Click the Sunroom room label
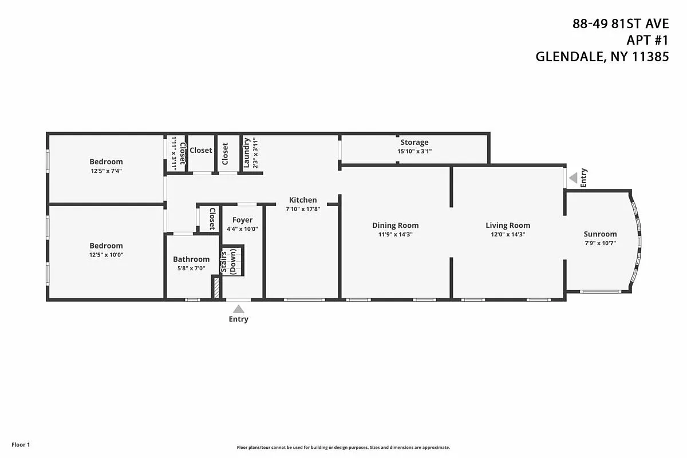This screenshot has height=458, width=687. pos(600,234)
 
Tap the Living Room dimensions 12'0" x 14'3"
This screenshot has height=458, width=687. pos(508,234)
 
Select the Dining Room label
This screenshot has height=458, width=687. pos(395,225)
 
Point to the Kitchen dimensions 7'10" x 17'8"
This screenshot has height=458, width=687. pos(302,209)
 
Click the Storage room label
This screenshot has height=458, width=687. pos(414,142)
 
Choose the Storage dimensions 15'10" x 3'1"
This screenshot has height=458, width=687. pos(414,151)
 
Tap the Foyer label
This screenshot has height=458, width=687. pos(242,220)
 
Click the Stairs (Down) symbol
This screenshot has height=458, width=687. pos(233,261)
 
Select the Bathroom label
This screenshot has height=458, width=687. pos(191,259)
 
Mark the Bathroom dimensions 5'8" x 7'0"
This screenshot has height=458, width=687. pos(191,268)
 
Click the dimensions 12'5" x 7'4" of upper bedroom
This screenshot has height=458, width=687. pos(106,171)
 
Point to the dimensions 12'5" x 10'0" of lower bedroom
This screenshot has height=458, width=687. pos(106,255)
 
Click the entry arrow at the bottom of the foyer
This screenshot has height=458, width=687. pos(238,309)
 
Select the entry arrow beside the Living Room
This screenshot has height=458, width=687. pos(573,179)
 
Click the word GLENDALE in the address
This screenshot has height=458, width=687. pos(567,57)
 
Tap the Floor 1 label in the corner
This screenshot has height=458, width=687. pos(20,444)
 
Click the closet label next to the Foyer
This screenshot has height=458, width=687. pos(212,218)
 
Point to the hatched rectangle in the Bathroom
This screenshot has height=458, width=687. pos(216,287)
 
